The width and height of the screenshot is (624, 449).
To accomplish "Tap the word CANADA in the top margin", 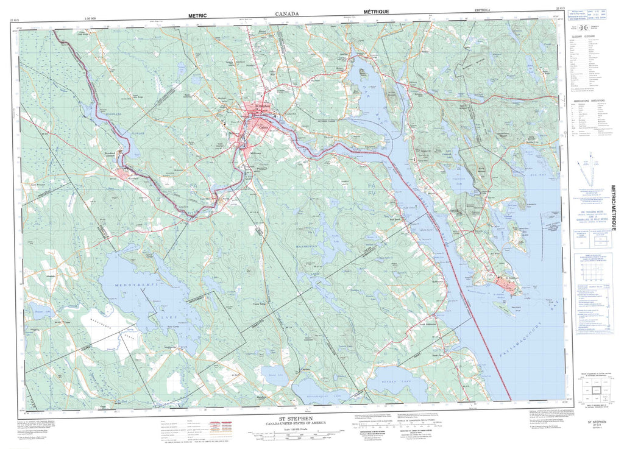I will point(286,13).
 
